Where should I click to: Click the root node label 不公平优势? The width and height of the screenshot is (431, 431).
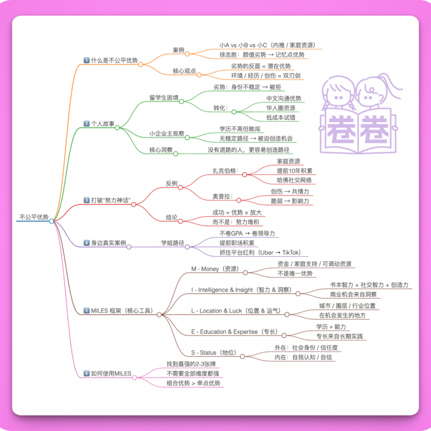pyautogui.click(x=34, y=217)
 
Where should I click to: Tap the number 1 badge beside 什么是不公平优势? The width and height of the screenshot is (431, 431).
pyautogui.click(x=87, y=60)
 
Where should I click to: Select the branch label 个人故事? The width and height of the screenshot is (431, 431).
pyautogui.click(x=102, y=124)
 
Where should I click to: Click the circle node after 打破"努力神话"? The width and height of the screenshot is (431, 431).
pyautogui.click(x=134, y=205)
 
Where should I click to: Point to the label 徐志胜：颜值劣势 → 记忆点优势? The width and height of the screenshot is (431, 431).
pyautogui.click(x=262, y=55)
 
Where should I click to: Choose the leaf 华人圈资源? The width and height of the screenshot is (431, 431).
pyautogui.click(x=281, y=108)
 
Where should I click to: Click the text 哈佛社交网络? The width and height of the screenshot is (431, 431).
pyautogui.click(x=294, y=180)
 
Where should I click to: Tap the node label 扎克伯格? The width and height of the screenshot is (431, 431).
pyautogui.click(x=224, y=171)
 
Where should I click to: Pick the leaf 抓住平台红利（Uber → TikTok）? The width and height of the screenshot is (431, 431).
pyautogui.click(x=260, y=253)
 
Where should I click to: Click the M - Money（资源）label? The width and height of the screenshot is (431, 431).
pyautogui.click(x=215, y=269)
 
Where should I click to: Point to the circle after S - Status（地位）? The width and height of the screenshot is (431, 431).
pyautogui.click(x=242, y=357)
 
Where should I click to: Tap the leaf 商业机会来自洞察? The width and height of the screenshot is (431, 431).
pyautogui.click(x=353, y=294)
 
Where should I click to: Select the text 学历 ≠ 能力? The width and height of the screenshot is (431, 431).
pyautogui.click(x=331, y=326)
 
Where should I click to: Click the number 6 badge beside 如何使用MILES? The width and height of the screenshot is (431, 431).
pyautogui.click(x=87, y=373)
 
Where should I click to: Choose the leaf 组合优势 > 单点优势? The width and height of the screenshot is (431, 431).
pyautogui.click(x=193, y=383)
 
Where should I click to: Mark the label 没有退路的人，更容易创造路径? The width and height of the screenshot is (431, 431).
pyautogui.click(x=248, y=150)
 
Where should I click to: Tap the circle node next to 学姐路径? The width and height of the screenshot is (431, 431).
pyautogui.click(x=187, y=247)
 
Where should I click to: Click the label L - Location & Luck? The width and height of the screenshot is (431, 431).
pyautogui.click(x=217, y=311)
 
